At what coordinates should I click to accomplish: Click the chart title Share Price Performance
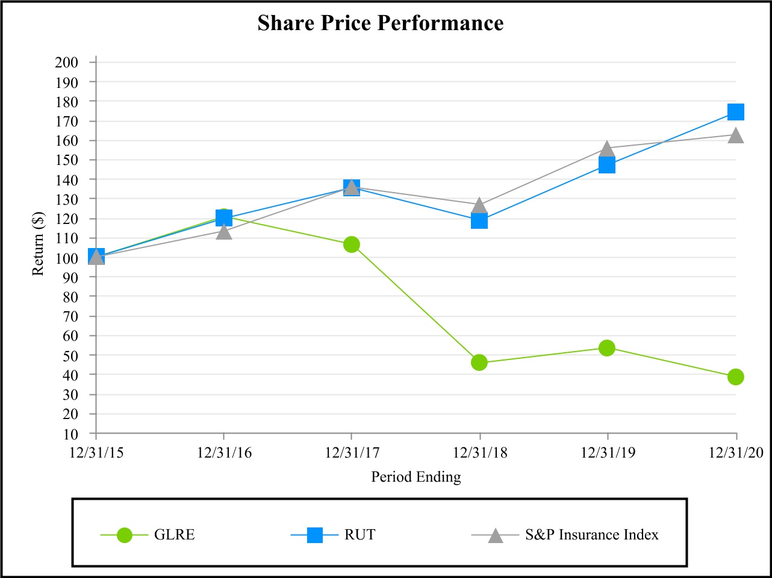(381, 23)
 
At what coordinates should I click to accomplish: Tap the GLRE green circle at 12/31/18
(479, 362)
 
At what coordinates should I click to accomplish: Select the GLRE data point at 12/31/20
(735, 377)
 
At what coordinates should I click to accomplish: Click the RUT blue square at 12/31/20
(735, 112)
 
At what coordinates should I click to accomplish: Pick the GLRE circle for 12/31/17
(352, 244)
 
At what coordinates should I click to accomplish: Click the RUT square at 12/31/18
(479, 221)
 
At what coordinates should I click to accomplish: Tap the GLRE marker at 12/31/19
(607, 348)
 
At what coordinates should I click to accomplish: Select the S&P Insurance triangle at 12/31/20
(735, 135)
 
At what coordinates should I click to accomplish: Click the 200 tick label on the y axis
(66, 62)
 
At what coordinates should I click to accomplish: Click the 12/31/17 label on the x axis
(352, 453)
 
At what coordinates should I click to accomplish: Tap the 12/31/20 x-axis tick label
(735, 453)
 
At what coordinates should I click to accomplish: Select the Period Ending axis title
(416, 477)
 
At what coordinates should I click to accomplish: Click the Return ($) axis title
(39, 243)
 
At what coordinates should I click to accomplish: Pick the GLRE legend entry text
(174, 535)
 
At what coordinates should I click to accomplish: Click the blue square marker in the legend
(314, 535)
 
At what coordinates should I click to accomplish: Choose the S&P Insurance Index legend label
(591, 535)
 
